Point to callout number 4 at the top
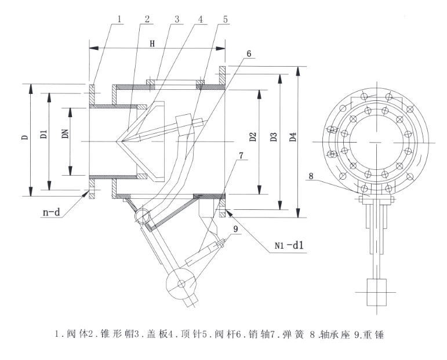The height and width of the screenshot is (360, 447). pyautogui.click(x=200, y=19)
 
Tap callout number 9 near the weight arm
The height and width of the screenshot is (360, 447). pyautogui.click(x=235, y=229)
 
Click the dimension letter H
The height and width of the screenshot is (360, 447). pyautogui.click(x=152, y=43)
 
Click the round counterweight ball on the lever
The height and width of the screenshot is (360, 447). pyautogui.click(x=181, y=283)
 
